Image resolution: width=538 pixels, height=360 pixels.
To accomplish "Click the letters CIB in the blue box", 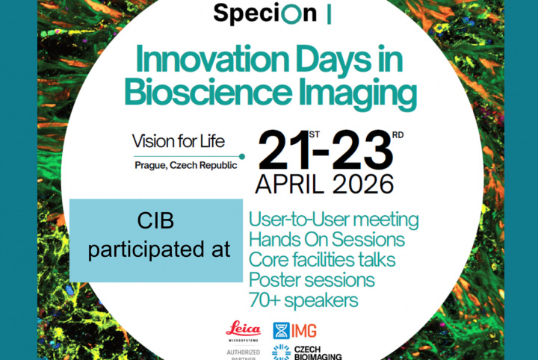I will coord(158,222).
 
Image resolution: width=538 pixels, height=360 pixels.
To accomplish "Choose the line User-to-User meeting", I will coord(333,220).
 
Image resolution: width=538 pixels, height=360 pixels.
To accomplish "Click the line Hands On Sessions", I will coord(327,240).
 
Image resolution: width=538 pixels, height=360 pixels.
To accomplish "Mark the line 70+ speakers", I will coord(304,300).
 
